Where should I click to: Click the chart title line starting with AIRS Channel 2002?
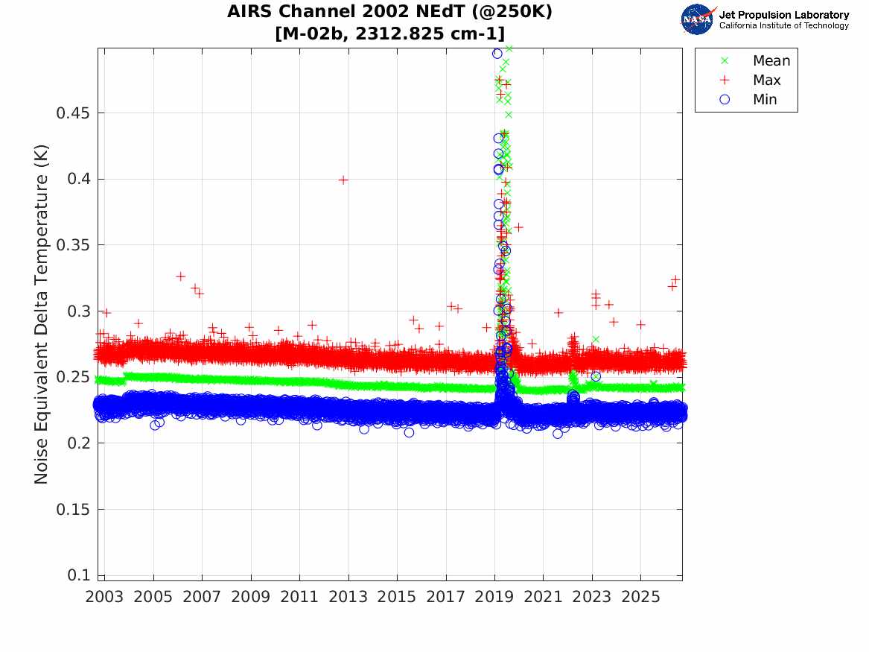[389, 12]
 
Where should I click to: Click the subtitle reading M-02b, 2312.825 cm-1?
[389, 34]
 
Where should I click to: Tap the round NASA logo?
[697, 19]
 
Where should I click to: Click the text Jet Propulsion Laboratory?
[783, 15]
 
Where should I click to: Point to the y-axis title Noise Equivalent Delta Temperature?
[41, 314]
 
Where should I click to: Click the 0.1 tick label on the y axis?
[78, 575]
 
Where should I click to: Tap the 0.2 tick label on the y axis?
[78, 443]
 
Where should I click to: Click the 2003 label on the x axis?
[104, 597]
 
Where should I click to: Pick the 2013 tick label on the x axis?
[348, 597]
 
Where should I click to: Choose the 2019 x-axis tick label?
[494, 597]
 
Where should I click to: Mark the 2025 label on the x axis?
[640, 597]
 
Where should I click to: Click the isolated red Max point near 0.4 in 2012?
[343, 180]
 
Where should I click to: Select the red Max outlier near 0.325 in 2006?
[181, 276]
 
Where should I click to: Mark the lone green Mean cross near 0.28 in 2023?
[596, 339]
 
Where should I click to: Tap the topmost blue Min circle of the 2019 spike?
[497, 54]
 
